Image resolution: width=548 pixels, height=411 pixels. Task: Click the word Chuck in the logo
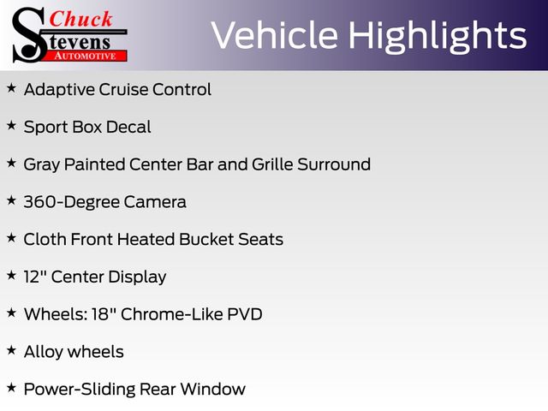click(80, 19)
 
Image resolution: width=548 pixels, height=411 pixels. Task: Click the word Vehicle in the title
click(275, 35)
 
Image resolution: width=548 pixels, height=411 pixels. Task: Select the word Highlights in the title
click(438, 37)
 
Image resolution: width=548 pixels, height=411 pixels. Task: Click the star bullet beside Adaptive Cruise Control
click(11, 87)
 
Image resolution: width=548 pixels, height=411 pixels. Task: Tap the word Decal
click(128, 127)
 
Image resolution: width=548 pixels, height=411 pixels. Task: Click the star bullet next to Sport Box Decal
click(11, 125)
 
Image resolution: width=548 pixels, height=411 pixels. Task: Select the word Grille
click(272, 164)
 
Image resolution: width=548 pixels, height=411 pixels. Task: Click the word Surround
click(334, 164)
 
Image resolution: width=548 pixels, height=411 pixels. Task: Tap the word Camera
click(154, 202)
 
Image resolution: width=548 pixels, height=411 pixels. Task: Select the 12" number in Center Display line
click(35, 277)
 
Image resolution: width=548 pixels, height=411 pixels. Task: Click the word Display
click(137, 277)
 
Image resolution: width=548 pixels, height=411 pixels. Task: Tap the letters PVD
click(245, 314)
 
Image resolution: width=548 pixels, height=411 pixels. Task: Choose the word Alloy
click(44, 352)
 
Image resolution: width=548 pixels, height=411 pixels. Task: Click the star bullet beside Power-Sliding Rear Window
click(11, 388)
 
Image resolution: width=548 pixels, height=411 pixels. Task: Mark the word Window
click(212, 389)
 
